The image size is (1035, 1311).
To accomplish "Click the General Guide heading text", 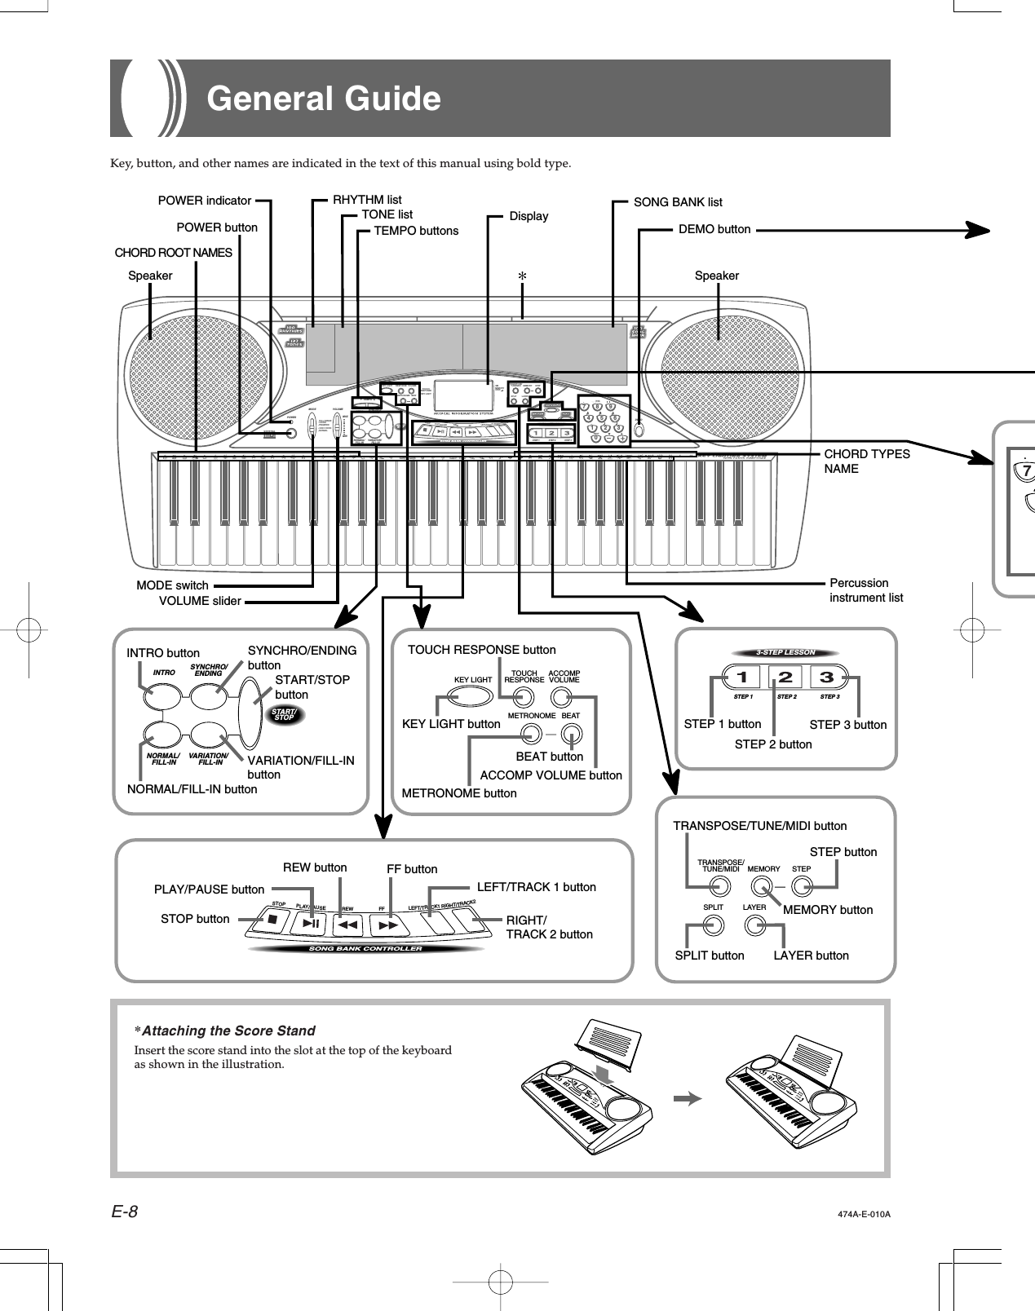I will [324, 99].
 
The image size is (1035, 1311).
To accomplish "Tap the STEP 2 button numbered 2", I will [785, 678].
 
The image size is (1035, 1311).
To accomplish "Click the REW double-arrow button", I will [347, 925].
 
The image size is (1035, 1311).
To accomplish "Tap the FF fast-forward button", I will [388, 925].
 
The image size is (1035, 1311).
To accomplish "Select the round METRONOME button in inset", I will [530, 732].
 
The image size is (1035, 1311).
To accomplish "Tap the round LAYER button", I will [754, 925].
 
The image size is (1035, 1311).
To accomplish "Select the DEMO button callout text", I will [714, 230].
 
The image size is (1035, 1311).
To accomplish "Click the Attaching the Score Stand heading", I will [225, 1031].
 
